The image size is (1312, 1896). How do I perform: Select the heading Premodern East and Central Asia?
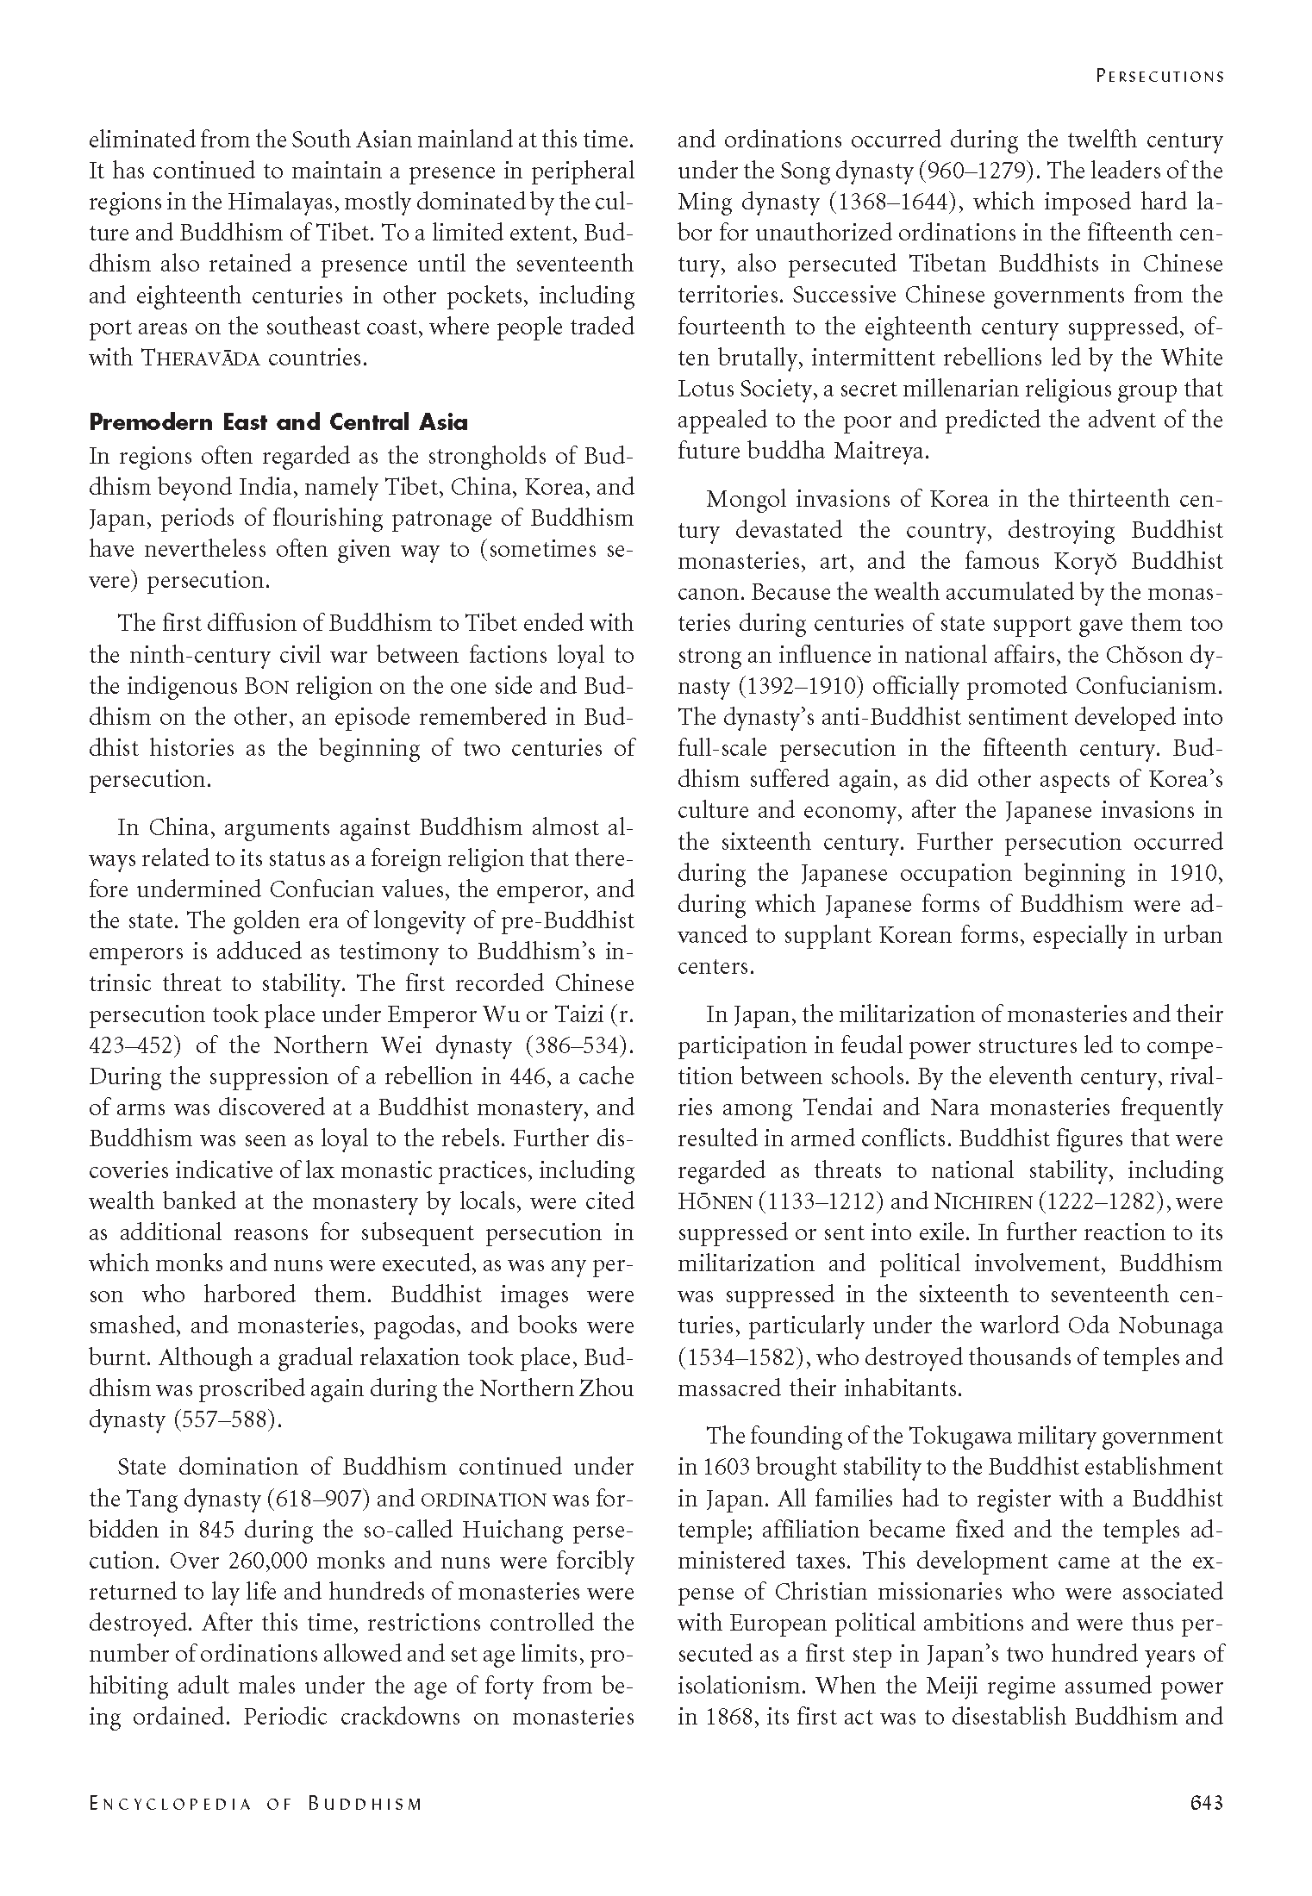click(x=278, y=422)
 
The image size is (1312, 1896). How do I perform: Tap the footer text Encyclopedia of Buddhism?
click(x=256, y=1803)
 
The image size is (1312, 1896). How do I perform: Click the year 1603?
click(x=703, y=1468)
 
